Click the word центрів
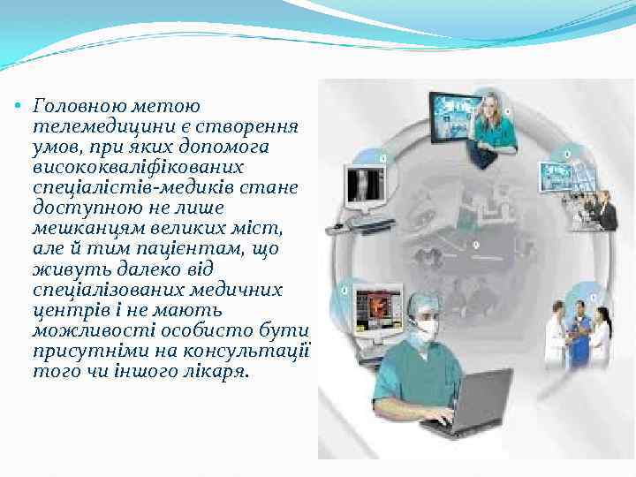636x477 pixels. tap(64, 310)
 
